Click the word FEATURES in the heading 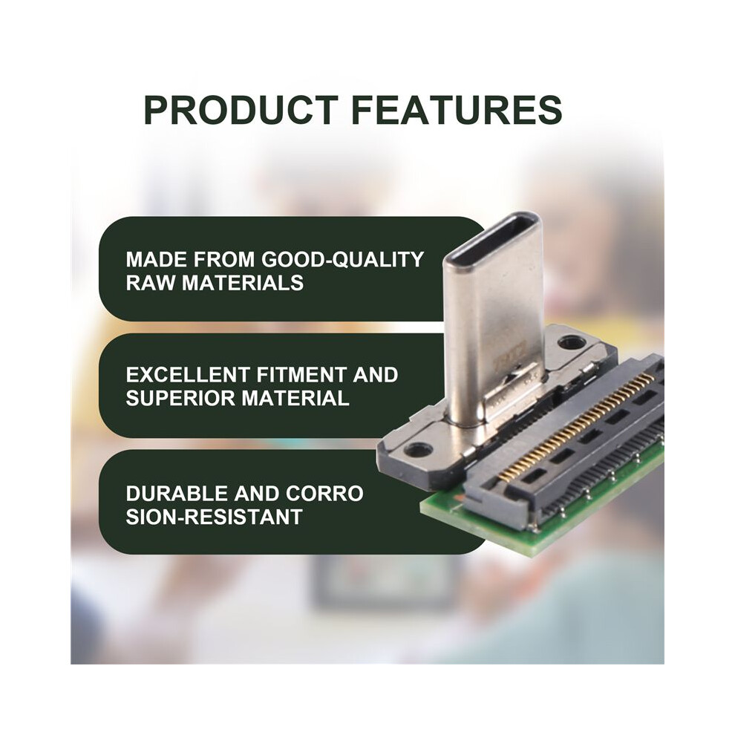coord(457,110)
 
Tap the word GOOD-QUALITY coord(342,259)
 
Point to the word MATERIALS coord(242,283)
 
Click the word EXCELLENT coord(189,374)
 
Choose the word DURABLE coord(177,493)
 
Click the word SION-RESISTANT coord(214,517)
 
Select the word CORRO coord(324,493)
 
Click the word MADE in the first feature coord(157,259)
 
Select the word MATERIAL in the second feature coord(295,398)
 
